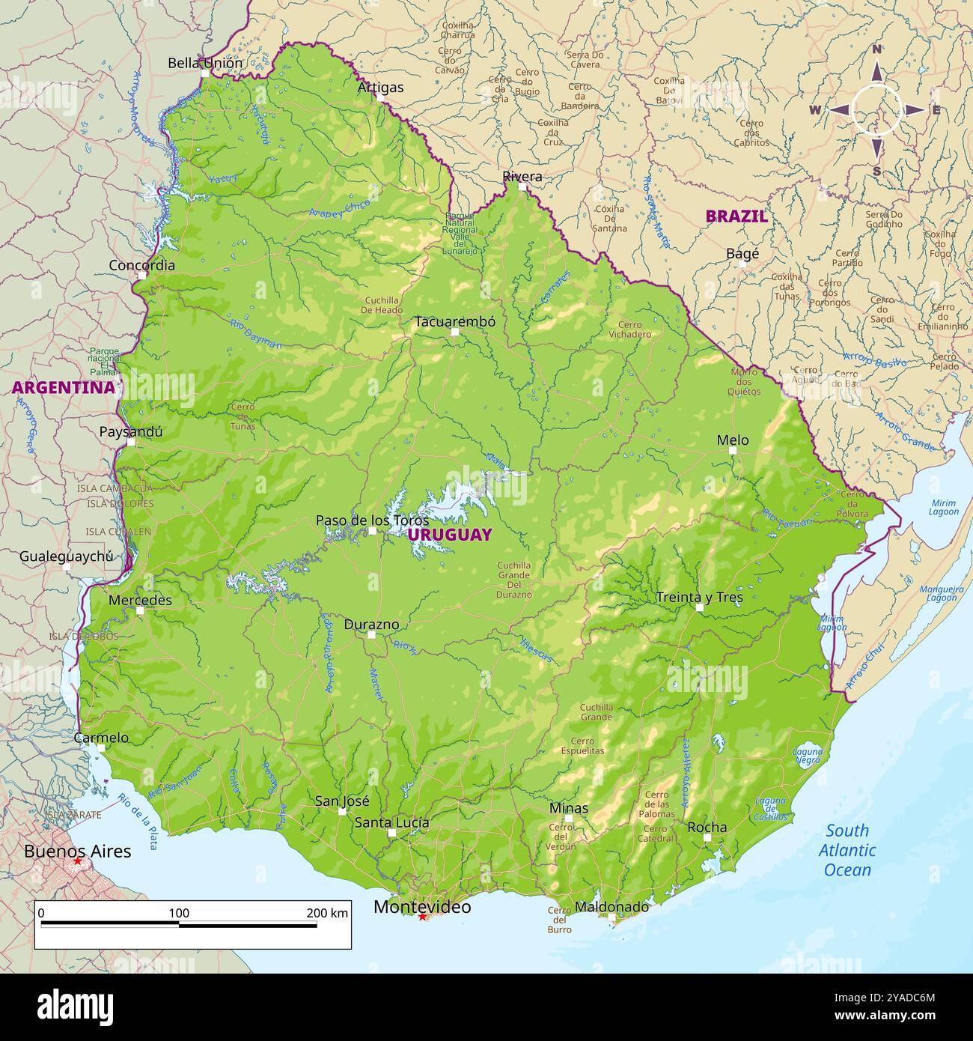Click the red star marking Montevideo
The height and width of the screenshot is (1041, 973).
(423, 917)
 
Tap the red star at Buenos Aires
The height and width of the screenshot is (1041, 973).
(78, 862)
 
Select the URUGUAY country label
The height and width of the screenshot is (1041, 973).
(450, 535)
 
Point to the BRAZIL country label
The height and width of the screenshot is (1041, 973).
(736, 216)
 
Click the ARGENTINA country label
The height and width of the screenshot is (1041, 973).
(64, 387)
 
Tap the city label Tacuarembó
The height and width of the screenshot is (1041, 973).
(455, 321)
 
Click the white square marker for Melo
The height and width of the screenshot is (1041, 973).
(733, 451)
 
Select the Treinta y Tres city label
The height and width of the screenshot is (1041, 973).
(699, 597)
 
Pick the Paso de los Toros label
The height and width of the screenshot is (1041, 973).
(372, 520)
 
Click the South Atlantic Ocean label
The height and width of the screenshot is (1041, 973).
(847, 850)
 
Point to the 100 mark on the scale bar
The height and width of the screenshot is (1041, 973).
(179, 913)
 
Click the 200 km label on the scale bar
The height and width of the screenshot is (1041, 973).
(327, 913)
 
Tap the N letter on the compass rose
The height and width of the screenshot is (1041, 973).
(876, 49)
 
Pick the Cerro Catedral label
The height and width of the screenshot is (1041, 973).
(655, 834)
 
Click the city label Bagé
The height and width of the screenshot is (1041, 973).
(742, 254)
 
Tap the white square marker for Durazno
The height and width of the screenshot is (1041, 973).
(371, 634)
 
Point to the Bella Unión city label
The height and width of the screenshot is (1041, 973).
(205, 63)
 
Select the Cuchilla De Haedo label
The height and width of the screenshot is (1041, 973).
(382, 305)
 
